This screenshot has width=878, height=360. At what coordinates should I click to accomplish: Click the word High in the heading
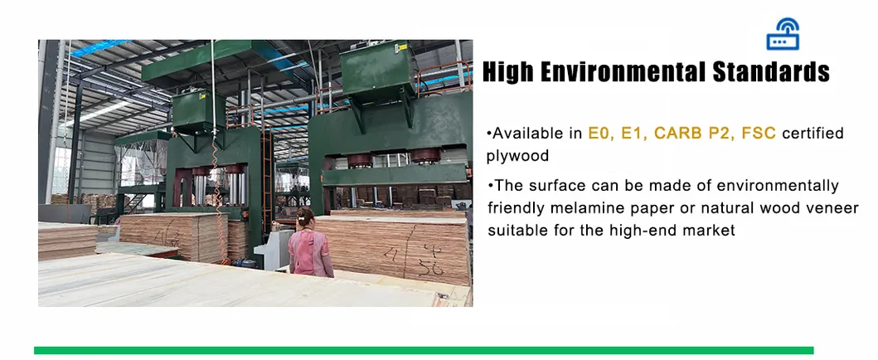[512, 71]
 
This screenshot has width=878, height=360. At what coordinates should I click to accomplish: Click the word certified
[813, 134]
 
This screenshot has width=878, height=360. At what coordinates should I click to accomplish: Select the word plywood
[517, 156]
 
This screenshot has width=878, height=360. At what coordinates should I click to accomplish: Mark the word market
[708, 230]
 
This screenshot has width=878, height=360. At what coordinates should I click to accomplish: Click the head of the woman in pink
[306, 216]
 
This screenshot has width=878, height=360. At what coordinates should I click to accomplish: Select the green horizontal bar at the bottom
[424, 351]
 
